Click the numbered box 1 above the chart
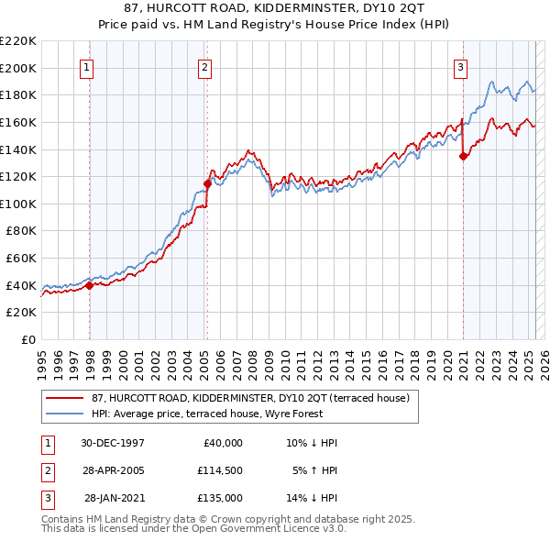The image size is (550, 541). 86,66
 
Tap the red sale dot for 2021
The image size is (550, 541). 464,156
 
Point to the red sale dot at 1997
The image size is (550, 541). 90,285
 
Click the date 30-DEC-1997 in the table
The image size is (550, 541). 113,442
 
